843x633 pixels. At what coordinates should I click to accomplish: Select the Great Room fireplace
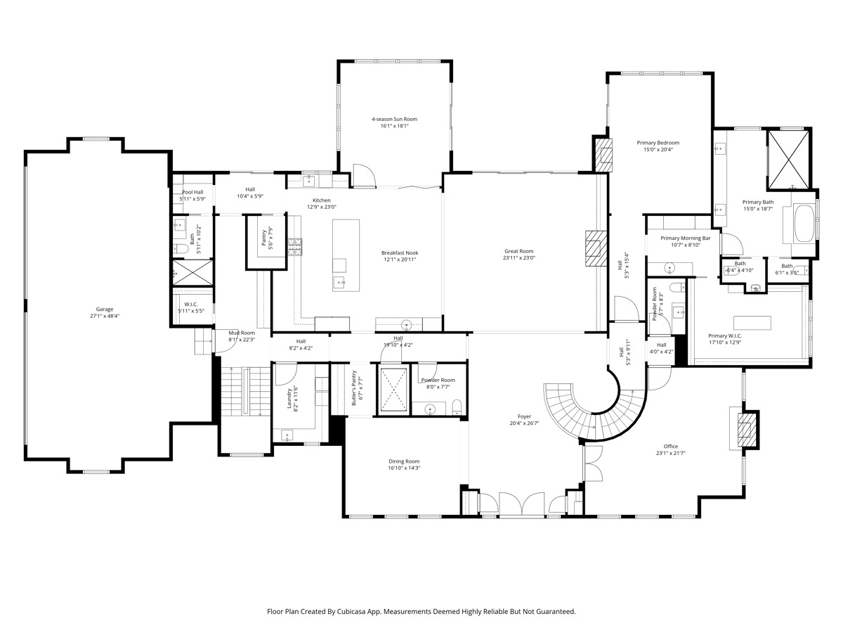tap(596, 249)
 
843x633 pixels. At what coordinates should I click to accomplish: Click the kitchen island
tap(346, 255)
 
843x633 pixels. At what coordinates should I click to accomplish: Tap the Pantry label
tap(264, 238)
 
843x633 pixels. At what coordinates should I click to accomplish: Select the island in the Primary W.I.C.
tap(752, 322)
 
